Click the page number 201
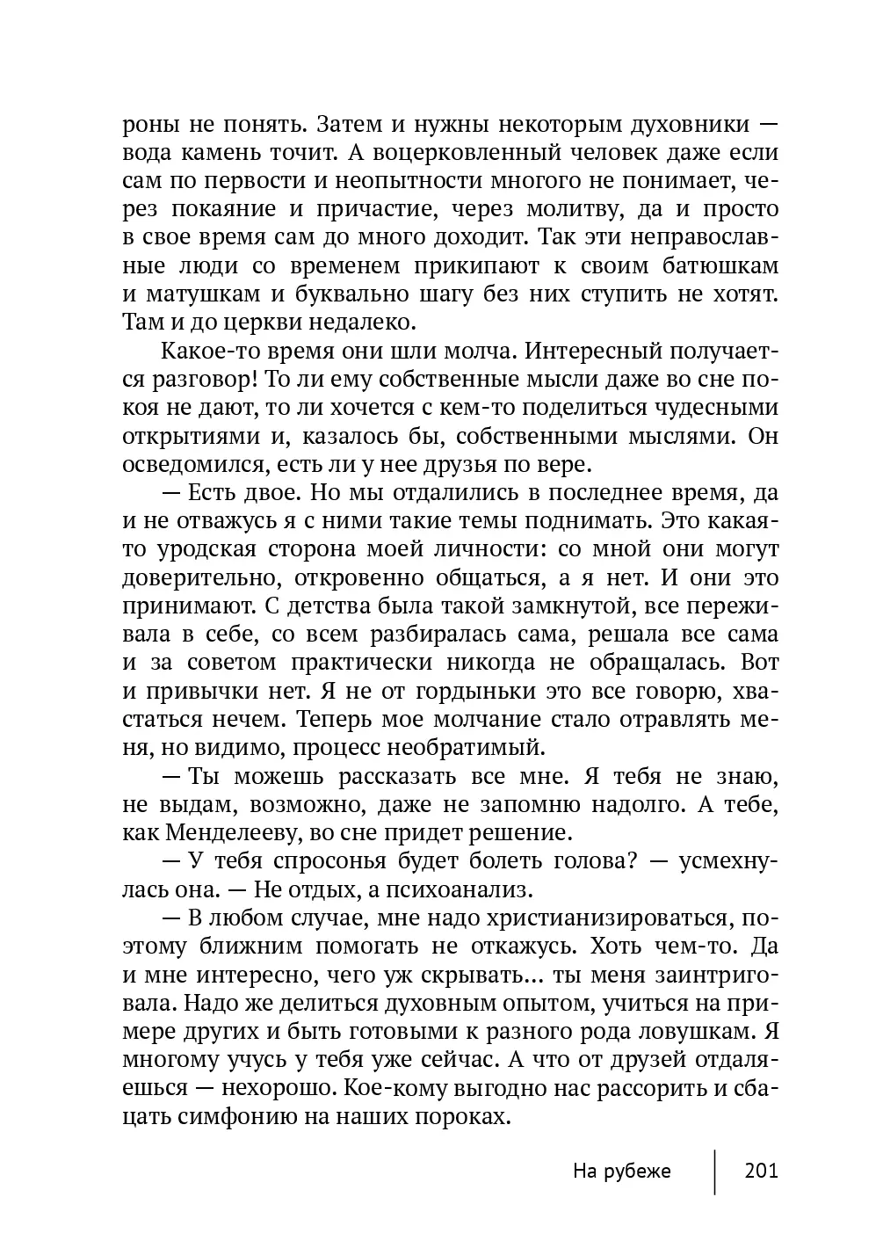coord(761,1171)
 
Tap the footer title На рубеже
coord(621,1171)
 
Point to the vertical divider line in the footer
coord(715,1171)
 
